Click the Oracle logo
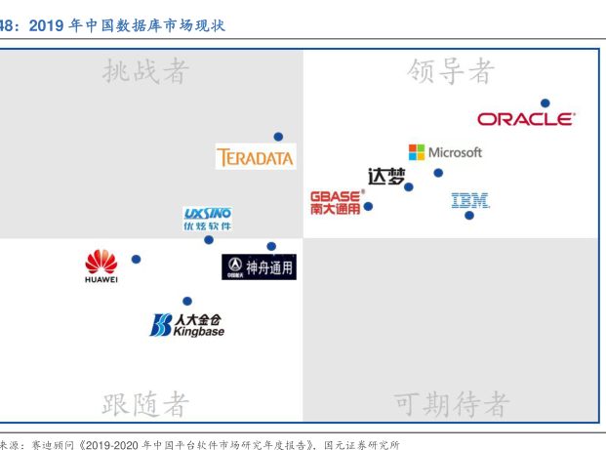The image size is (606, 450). click(526, 119)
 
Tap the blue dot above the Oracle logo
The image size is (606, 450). click(545, 102)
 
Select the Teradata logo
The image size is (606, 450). click(255, 156)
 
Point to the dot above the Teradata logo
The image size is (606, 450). click(278, 137)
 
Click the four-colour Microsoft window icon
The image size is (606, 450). click(417, 152)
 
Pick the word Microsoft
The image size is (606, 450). click(455, 152)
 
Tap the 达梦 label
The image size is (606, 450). click(386, 177)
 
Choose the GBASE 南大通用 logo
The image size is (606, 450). click(335, 202)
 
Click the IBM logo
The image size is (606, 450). click(470, 200)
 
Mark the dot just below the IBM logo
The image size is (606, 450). click(469, 215)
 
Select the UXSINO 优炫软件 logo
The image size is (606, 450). click(208, 219)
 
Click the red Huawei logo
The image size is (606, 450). click(101, 266)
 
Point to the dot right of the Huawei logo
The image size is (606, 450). click(136, 259)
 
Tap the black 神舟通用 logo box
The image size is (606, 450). click(258, 266)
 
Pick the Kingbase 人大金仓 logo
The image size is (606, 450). click(185, 324)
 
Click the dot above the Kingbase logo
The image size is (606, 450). click(187, 301)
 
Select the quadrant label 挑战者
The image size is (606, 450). click(145, 71)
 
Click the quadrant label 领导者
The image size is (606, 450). click(451, 71)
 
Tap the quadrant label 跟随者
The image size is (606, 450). click(145, 403)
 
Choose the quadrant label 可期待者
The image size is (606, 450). click(451, 403)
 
